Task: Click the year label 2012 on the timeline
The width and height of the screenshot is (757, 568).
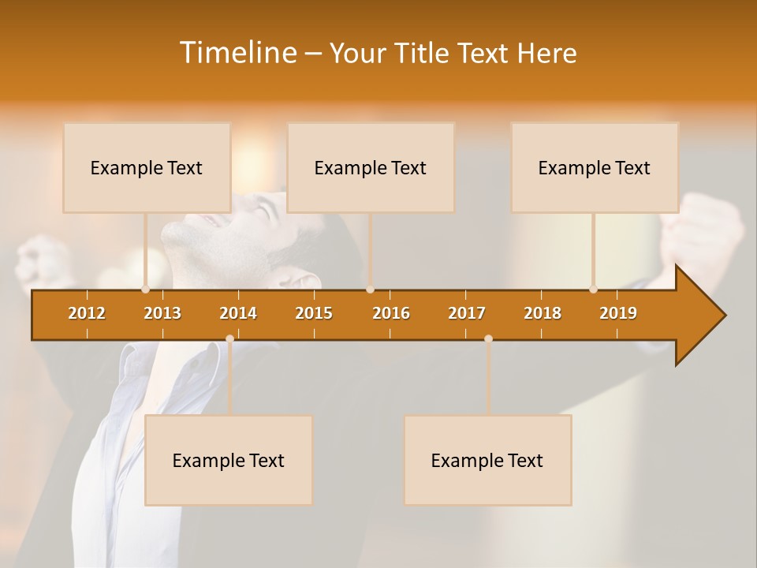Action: [x=87, y=313]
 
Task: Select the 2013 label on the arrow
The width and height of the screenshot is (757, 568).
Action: [x=162, y=313]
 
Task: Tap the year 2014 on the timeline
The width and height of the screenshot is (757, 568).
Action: [x=238, y=313]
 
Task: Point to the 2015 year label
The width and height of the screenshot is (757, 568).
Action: [x=314, y=313]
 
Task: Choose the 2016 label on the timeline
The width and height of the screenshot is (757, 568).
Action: [x=391, y=313]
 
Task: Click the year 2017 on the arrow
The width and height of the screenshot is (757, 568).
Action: [x=467, y=313]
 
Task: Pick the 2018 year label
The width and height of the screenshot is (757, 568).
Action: [x=543, y=313]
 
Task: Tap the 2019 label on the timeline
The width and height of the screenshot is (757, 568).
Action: [x=618, y=313]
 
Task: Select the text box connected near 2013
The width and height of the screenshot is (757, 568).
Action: [x=147, y=168]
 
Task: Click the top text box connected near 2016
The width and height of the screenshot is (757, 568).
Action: [x=371, y=168]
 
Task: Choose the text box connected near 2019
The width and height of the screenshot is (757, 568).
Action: [x=595, y=168]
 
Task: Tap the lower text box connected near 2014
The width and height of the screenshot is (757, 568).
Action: [x=229, y=461]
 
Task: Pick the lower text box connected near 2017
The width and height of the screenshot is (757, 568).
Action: [x=487, y=461]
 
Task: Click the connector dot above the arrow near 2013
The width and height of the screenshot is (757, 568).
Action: [x=146, y=289]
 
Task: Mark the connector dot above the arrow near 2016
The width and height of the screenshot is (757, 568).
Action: [x=370, y=289]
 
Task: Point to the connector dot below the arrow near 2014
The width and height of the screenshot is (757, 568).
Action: [x=229, y=339]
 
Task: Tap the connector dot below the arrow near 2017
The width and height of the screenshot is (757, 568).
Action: [x=488, y=339]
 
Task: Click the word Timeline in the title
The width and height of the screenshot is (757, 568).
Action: [x=237, y=53]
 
